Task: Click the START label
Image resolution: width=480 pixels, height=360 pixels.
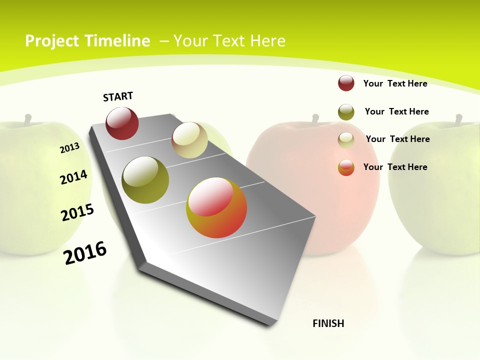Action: pyautogui.click(x=118, y=96)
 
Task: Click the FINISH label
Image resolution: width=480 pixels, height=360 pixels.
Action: pyautogui.click(x=328, y=323)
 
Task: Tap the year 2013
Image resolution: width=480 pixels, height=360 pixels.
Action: pyautogui.click(x=69, y=147)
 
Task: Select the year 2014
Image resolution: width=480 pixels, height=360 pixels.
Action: pyautogui.click(x=73, y=177)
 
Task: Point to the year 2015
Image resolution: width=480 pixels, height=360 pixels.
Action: pyautogui.click(x=77, y=212)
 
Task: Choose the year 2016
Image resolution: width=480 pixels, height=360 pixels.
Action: pyautogui.click(x=85, y=252)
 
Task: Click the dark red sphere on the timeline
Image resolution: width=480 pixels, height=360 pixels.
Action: pyautogui.click(x=122, y=123)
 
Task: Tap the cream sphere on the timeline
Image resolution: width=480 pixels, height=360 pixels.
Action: pyautogui.click(x=189, y=139)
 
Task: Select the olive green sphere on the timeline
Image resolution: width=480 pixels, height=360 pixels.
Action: pyautogui.click(x=145, y=180)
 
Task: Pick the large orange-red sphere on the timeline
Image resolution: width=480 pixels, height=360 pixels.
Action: pyautogui.click(x=216, y=207)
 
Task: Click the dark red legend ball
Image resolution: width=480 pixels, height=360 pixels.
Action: pyautogui.click(x=346, y=83)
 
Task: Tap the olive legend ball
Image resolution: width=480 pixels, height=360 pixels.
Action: pyautogui.click(x=346, y=112)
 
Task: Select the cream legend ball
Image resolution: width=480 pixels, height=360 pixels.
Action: pyautogui.click(x=346, y=140)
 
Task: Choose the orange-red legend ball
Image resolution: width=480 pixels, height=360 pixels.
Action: pyautogui.click(x=346, y=167)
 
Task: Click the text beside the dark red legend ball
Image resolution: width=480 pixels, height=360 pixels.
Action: pyautogui.click(x=395, y=83)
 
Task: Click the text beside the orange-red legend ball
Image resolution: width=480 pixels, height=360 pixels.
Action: pyautogui.click(x=395, y=167)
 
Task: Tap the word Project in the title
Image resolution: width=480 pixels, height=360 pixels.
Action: pyautogui.click(x=52, y=41)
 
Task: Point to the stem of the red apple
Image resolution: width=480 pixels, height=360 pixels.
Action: pyautogui.click(x=315, y=119)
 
